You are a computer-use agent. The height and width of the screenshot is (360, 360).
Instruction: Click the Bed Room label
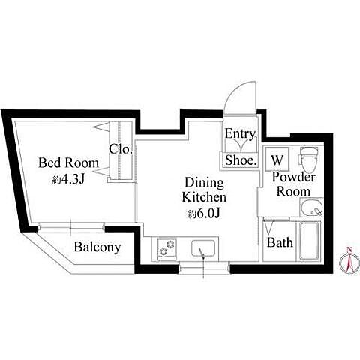(68, 163)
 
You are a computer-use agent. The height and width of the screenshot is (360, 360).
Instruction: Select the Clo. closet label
(121, 149)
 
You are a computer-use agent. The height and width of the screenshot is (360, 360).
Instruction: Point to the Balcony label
(97, 247)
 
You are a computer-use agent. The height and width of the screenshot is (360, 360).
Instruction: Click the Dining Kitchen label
(204, 190)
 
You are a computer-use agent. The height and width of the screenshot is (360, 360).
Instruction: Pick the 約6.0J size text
(205, 214)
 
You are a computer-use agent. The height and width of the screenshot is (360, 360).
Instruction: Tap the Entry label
(240, 134)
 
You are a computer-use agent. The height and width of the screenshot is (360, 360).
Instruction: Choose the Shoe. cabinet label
(241, 160)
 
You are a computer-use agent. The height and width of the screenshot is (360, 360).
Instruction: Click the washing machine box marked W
(277, 160)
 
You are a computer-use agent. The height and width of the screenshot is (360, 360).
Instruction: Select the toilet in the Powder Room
(309, 159)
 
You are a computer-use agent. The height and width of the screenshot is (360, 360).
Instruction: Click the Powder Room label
(294, 184)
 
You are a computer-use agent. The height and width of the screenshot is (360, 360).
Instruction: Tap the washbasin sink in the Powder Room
(311, 208)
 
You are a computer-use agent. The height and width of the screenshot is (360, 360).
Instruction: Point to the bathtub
(310, 241)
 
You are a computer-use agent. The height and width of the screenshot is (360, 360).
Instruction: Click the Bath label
(280, 242)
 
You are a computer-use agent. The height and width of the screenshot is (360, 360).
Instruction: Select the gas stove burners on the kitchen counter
(166, 247)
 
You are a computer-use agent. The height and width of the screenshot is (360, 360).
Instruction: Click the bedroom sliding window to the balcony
(71, 227)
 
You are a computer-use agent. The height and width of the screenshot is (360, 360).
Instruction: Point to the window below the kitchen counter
(204, 268)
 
